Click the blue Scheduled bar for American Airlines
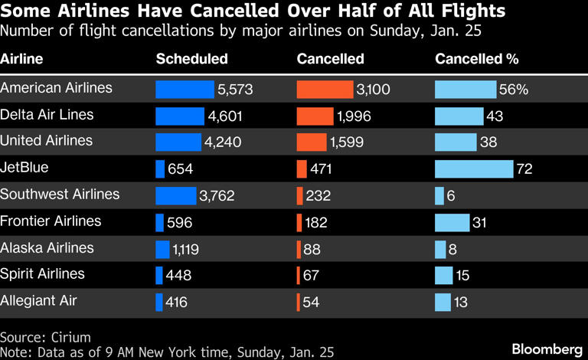[185, 90]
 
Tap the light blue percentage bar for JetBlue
[473, 169]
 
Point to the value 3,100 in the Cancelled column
[374, 90]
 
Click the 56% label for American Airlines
[514, 90]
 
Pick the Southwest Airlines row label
[60, 195]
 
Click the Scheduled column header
[191, 59]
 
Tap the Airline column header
[21, 59]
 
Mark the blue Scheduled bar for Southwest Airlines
[175, 196]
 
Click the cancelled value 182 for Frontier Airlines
[316, 223]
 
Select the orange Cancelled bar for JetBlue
[301, 169]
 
